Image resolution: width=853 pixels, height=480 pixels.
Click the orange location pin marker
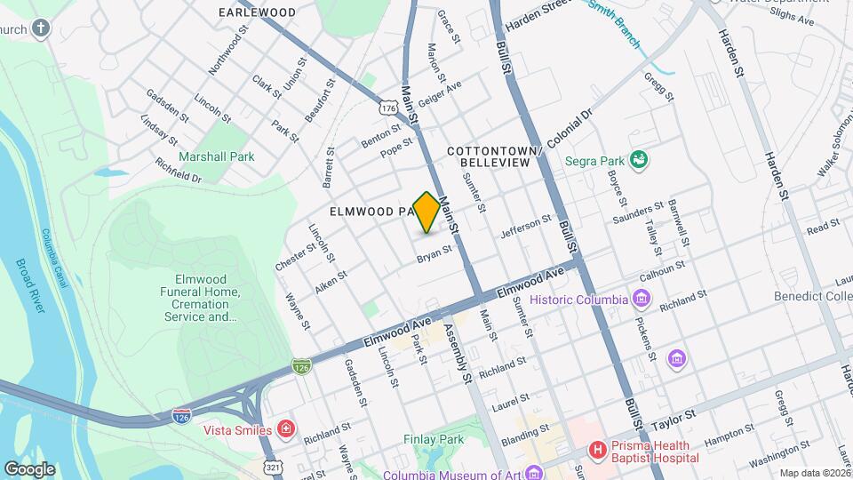pyautogui.click(x=426, y=212)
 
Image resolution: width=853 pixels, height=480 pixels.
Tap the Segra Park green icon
pyautogui.click(x=638, y=160)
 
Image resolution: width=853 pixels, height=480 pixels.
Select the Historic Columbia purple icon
pyautogui.click(x=640, y=299)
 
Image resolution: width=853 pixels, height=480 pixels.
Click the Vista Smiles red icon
pyautogui.click(x=286, y=430)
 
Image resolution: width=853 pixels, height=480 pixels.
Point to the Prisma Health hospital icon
pyautogui.click(x=599, y=451)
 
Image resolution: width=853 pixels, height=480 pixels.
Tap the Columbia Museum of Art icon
pyautogui.click(x=532, y=473)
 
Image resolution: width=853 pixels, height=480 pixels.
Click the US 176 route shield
pyautogui.click(x=388, y=107)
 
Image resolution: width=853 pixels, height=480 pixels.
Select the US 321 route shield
pyautogui.click(x=273, y=465)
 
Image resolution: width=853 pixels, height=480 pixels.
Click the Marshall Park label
pyautogui.click(x=217, y=156)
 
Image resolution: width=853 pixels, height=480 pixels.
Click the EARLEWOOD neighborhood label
pyautogui.click(x=258, y=12)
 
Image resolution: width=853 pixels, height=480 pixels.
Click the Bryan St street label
pyautogui.click(x=434, y=255)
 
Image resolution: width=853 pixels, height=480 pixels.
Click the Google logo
pyautogui.click(x=29, y=469)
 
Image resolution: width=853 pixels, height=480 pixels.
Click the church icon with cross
pyautogui.click(x=40, y=28)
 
